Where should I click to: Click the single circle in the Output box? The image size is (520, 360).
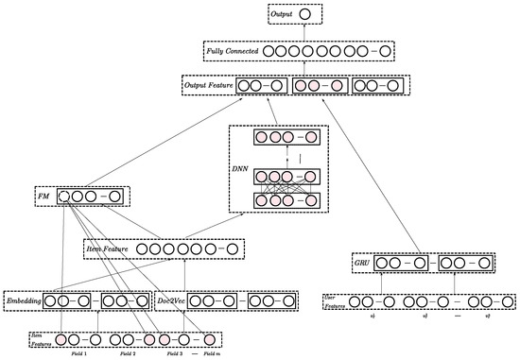click(304, 14)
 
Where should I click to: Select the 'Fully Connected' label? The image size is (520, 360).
click(232, 50)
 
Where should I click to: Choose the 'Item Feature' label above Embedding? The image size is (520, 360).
click(109, 249)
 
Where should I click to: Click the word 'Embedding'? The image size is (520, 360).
click(26, 301)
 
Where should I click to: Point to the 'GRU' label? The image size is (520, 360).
click(364, 262)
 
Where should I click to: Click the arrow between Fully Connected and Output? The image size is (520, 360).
click(304, 33)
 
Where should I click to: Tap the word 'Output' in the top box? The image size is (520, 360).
click(282, 14)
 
